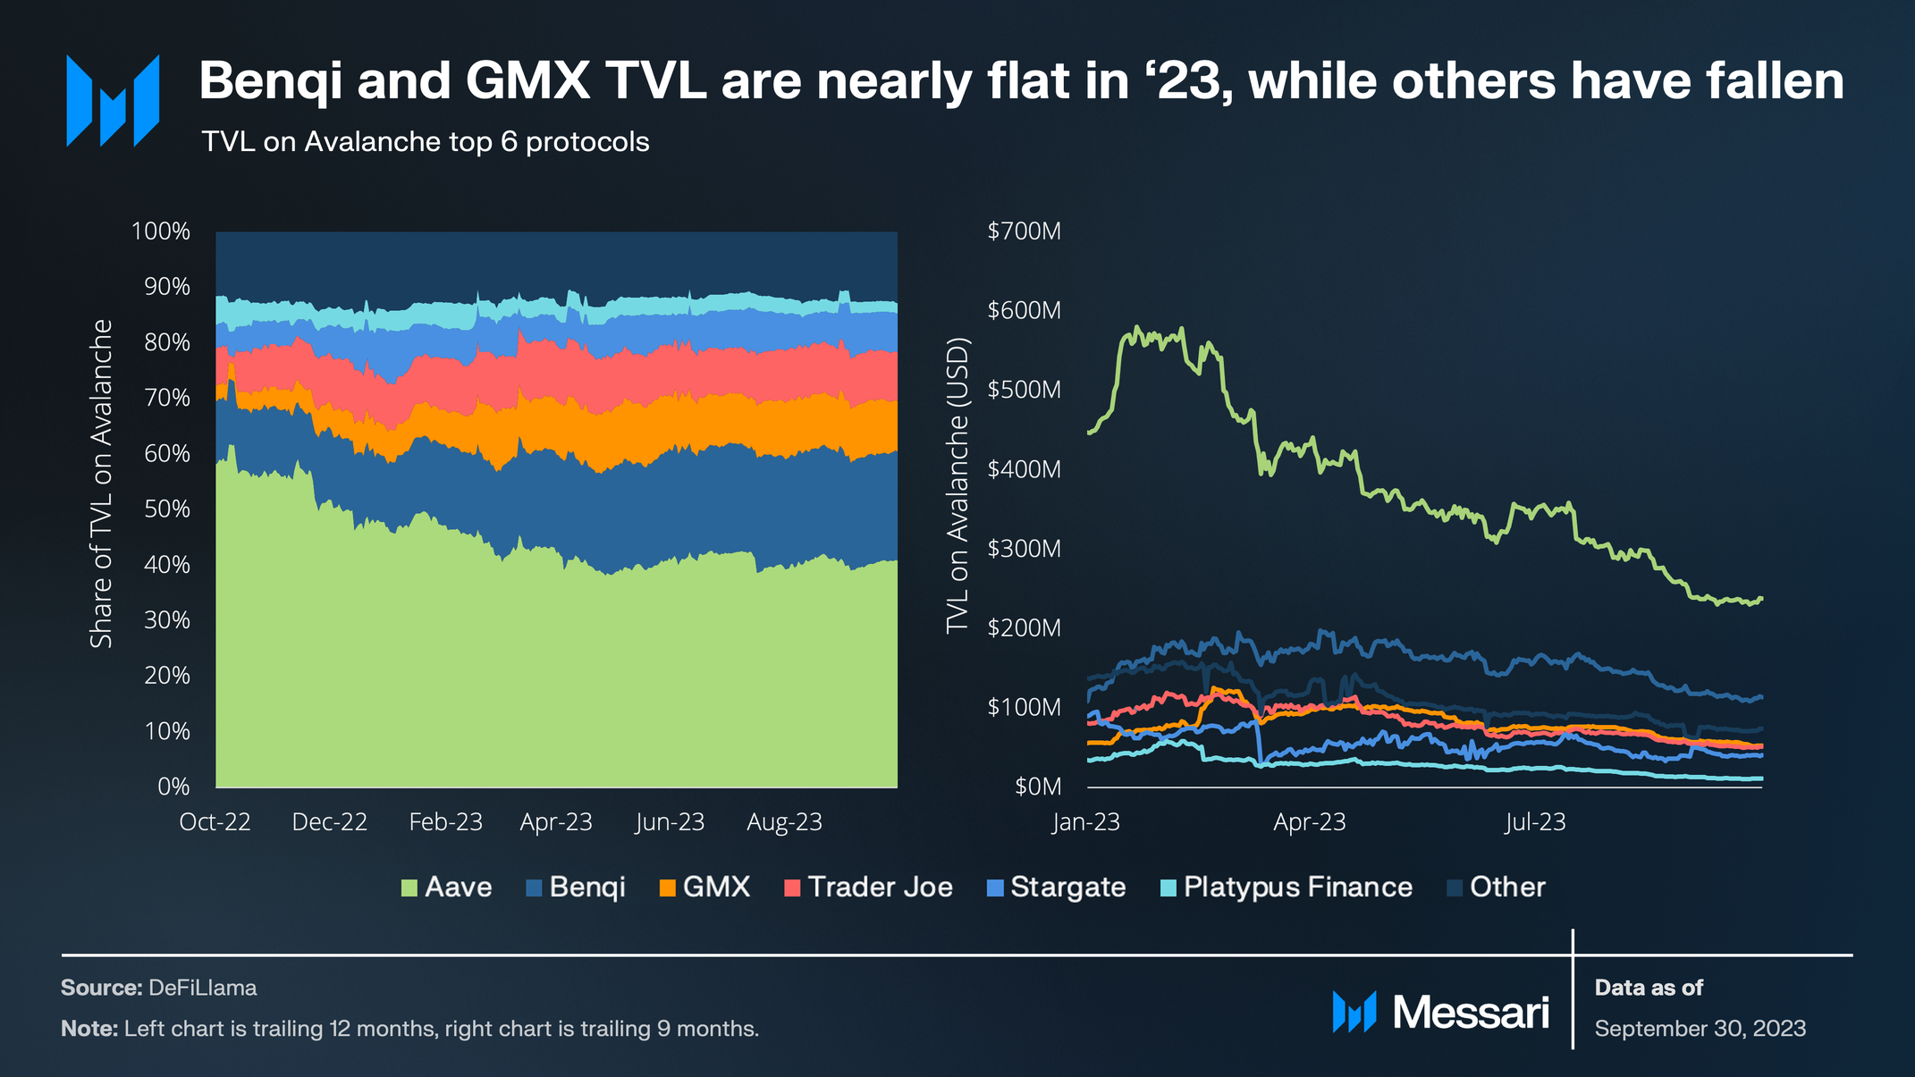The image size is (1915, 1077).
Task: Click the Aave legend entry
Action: tap(447, 888)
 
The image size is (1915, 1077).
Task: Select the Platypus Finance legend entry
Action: tap(1287, 888)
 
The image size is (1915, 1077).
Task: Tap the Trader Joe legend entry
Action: tap(868, 888)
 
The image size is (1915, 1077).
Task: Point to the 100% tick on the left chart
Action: tap(161, 231)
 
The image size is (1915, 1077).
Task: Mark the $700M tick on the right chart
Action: tap(1024, 231)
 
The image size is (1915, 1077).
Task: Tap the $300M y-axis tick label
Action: tap(1024, 549)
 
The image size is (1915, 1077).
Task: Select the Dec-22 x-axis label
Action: tap(330, 822)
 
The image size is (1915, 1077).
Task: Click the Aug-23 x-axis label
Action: tap(784, 822)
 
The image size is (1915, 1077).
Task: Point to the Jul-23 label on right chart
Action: tap(1535, 822)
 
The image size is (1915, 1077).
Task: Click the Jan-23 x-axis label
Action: tap(1086, 822)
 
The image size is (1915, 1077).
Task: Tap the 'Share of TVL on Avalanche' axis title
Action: tap(101, 484)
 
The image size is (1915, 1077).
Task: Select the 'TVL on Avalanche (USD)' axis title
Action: tap(957, 485)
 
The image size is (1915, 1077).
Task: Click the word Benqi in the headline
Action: tap(271, 81)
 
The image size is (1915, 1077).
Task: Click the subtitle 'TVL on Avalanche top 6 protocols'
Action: tap(426, 142)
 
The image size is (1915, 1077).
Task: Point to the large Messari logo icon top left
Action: tap(113, 100)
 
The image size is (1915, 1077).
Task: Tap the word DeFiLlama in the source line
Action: tap(203, 988)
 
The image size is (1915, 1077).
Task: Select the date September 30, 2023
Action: tap(1700, 1029)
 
